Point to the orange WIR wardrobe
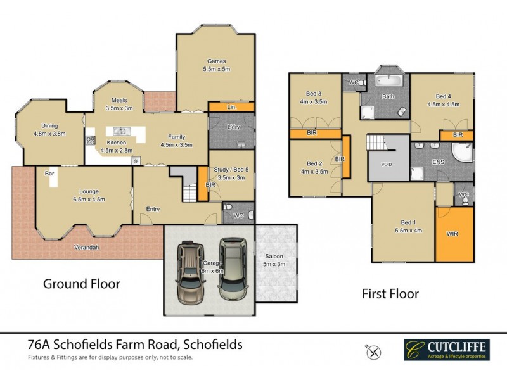(x=454, y=234)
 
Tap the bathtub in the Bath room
(x=385, y=81)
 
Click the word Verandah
(x=87, y=247)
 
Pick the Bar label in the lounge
(x=48, y=173)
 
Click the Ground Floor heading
(x=81, y=284)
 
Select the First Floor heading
(x=390, y=293)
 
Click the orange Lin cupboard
(x=232, y=107)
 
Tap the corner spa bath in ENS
(x=461, y=153)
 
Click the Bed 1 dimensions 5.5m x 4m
(x=408, y=231)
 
